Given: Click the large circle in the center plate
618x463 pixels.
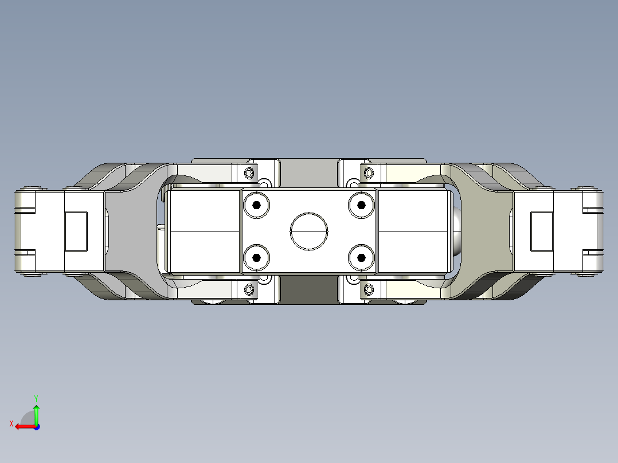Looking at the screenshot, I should [309, 231].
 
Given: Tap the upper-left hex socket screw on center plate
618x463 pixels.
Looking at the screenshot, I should [256, 205].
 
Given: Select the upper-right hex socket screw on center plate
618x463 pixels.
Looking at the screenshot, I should [361, 205].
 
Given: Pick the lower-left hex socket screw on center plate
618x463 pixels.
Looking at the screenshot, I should [256, 258].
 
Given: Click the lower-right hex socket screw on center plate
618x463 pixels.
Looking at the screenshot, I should [361, 258].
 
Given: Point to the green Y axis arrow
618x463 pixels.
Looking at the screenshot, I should [36, 413].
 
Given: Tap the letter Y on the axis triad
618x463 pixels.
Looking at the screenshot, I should [36, 398].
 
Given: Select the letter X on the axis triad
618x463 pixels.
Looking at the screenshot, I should [11, 424].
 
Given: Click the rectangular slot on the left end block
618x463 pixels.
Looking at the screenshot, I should [76, 231].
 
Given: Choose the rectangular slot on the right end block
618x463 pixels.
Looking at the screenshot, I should [542, 231].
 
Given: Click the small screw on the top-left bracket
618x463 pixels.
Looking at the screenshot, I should [249, 172].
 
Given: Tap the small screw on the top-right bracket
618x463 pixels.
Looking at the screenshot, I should [369, 172].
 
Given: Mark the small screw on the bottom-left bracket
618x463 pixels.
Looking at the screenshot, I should [249, 289].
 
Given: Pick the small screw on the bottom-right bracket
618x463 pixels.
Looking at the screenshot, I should [369, 290].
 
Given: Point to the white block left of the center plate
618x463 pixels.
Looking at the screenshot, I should [203, 231].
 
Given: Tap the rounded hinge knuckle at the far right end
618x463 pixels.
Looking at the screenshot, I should [594, 231].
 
